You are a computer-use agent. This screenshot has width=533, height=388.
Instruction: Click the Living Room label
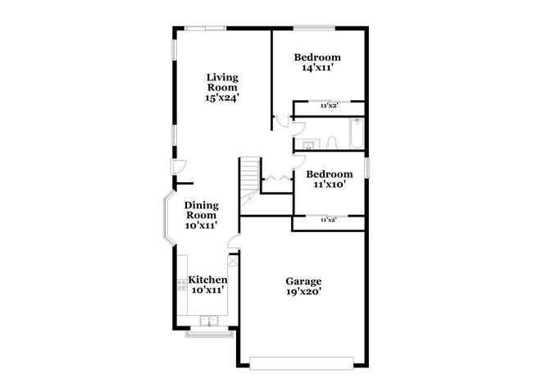(222, 82)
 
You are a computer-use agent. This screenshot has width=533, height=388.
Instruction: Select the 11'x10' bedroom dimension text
(329, 185)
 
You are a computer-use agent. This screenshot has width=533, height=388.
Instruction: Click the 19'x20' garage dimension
(303, 290)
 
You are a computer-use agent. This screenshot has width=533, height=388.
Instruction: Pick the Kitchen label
(207, 280)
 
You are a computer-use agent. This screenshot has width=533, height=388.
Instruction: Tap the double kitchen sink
(207, 319)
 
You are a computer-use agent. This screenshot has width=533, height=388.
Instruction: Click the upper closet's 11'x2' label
(328, 106)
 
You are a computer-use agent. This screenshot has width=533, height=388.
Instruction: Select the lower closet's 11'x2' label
(328, 221)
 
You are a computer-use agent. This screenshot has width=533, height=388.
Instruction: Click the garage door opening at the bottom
(303, 361)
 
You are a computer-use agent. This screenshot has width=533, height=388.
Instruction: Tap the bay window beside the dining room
(166, 217)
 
